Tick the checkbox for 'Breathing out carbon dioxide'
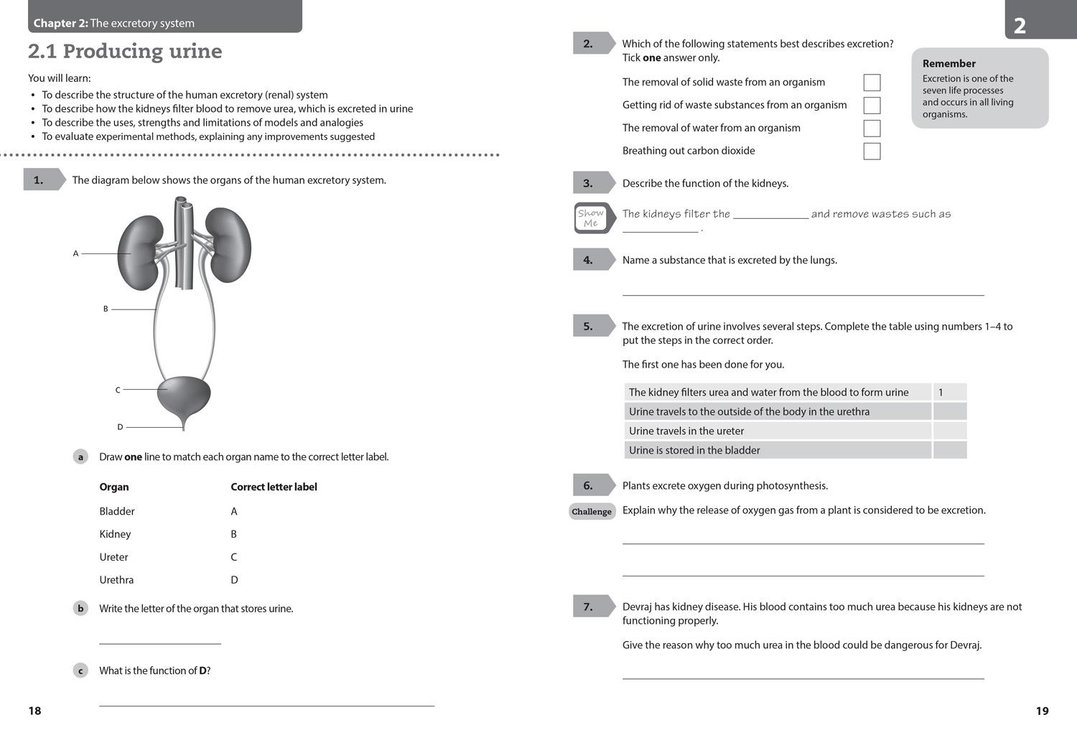[x=872, y=151]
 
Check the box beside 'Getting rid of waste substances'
[x=872, y=106]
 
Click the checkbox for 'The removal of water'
[x=872, y=128]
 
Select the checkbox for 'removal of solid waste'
[x=872, y=83]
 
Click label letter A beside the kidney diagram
[x=75, y=253]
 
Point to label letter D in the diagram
[x=120, y=427]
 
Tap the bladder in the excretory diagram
[x=185, y=395]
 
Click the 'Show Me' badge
[x=591, y=218]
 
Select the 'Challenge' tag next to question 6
[x=592, y=512]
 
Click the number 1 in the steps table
[x=941, y=393]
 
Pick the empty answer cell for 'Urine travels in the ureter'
[x=949, y=431]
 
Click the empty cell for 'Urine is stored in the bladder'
[x=949, y=450]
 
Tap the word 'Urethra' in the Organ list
[x=116, y=580]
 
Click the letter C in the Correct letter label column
[x=234, y=557]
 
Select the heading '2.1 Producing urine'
[x=125, y=52]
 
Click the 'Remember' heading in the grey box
[x=948, y=64]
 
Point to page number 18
[x=34, y=711]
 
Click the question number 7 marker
[x=589, y=607]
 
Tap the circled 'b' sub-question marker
[x=80, y=609]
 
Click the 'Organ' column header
[x=114, y=487]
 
